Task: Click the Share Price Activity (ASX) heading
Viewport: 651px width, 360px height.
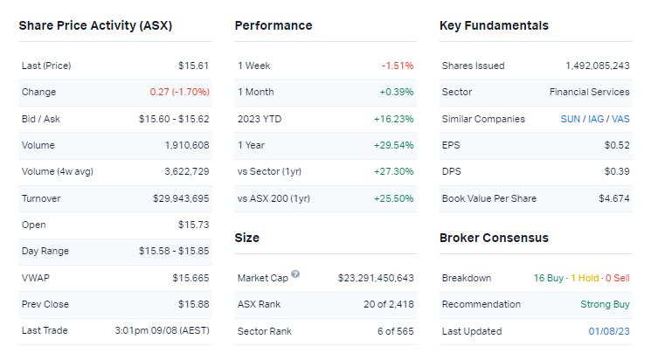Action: [95, 25]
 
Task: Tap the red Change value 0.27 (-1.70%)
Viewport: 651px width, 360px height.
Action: [179, 92]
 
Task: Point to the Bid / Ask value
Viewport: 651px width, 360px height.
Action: [174, 119]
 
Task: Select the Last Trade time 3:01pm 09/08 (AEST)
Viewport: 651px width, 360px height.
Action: [162, 331]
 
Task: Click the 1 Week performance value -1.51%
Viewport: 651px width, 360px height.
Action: [397, 66]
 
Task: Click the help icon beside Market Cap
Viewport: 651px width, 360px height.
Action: [295, 274]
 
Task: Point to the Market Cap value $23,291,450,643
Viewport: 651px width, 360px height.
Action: [376, 278]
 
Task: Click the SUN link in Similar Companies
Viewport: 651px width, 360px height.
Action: [569, 119]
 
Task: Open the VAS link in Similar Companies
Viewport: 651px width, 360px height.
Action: [620, 119]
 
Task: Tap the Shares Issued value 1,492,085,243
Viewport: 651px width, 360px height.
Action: [598, 66]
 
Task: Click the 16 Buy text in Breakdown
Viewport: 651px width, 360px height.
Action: [548, 278]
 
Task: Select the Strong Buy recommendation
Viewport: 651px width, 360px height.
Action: [605, 305]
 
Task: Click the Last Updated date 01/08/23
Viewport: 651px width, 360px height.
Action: [609, 331]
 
